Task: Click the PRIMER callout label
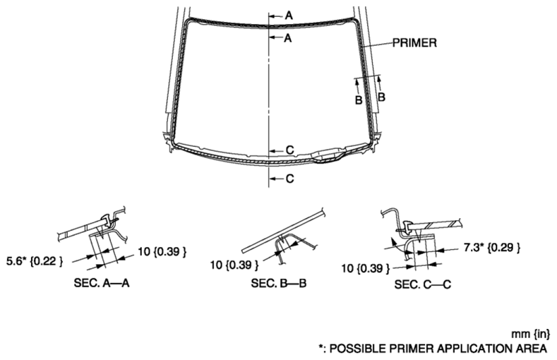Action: pos(414,42)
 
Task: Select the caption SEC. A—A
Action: pos(101,283)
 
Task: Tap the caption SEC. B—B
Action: pos(278,283)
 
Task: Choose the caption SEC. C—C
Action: pos(422,284)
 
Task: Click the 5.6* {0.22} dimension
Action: pos(35,261)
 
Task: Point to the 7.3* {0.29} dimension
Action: pos(492,247)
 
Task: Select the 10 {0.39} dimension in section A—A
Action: pos(162,252)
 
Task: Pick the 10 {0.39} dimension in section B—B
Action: pos(234,265)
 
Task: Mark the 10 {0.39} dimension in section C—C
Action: pos(366,268)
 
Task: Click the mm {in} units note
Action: pos(530,334)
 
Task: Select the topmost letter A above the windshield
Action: pos(289,16)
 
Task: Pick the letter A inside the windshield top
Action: pos(288,37)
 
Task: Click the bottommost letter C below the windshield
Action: pos(290,179)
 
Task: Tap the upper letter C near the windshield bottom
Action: pos(290,150)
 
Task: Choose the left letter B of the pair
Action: pos(359,100)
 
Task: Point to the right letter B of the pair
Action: pos(381,97)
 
